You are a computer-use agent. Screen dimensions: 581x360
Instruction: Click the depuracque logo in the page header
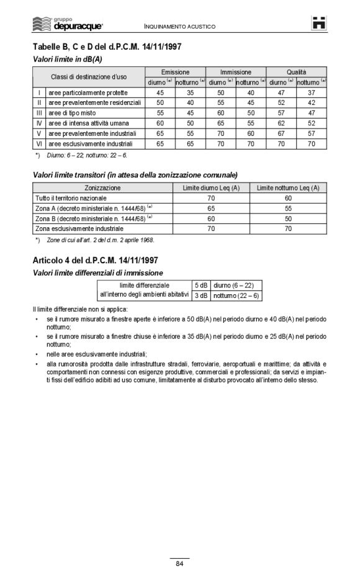tap(68, 24)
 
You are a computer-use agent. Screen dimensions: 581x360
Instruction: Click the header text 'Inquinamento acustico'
tap(179, 27)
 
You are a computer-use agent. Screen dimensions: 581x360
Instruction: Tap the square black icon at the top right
tap(320, 22)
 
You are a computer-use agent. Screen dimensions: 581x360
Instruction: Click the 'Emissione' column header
tap(175, 72)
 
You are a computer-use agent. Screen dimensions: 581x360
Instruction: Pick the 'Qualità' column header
tap(296, 72)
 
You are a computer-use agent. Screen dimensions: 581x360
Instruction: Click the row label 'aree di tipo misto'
tap(74, 113)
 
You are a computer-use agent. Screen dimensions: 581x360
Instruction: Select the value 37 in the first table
tap(312, 92)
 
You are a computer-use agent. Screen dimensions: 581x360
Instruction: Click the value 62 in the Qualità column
tap(281, 123)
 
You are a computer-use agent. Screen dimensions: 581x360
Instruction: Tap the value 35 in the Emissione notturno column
tap(190, 92)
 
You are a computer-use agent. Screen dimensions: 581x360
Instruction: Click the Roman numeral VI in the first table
tap(38, 143)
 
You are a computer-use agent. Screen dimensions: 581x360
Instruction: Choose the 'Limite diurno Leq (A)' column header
tap(211, 187)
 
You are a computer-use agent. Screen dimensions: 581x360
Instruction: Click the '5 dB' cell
tap(200, 285)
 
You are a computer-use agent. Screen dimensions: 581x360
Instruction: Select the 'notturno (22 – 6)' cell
tap(236, 295)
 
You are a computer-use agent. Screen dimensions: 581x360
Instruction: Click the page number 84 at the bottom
tap(179, 563)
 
